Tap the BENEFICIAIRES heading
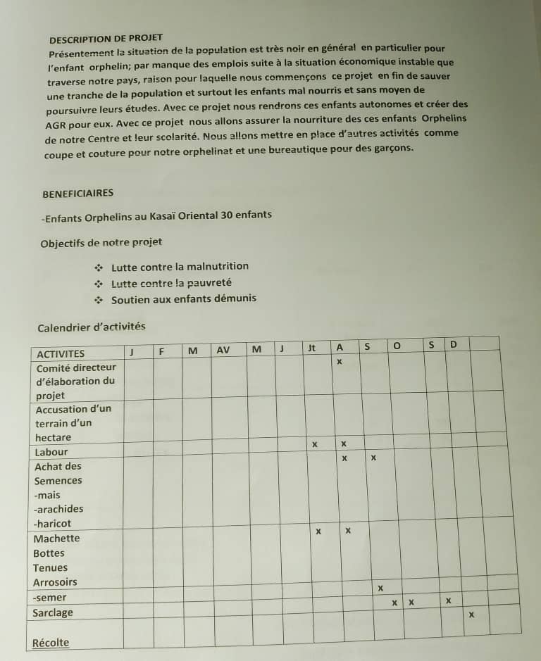[x=77, y=193]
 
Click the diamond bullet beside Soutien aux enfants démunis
[x=99, y=300]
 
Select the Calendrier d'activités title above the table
[x=91, y=327]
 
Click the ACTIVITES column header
[x=60, y=353]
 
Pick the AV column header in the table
[x=223, y=349]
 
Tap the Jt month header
[x=312, y=347]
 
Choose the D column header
[x=454, y=344]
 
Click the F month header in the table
[x=161, y=351]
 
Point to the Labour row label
[x=51, y=452]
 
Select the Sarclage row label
[x=53, y=612]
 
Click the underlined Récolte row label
[x=51, y=642]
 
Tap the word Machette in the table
[x=56, y=539]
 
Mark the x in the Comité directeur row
[x=339, y=362]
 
